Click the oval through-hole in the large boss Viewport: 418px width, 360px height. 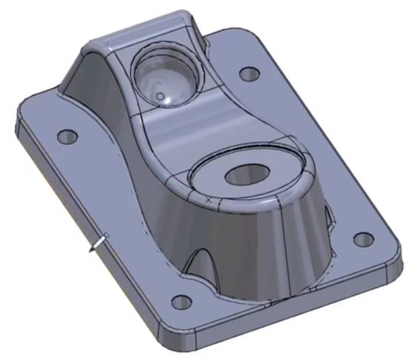point(244,175)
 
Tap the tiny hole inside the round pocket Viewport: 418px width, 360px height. point(161,97)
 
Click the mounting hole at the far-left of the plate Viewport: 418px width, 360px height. point(66,136)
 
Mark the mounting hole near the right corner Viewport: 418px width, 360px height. point(363,240)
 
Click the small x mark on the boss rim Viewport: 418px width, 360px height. point(208,199)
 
